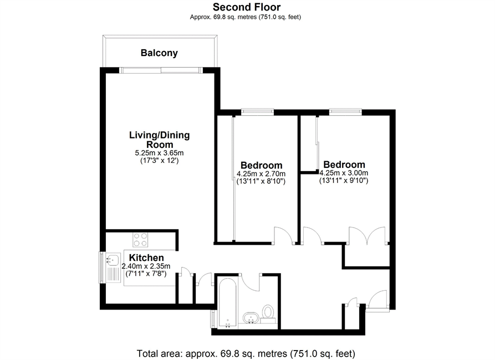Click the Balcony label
coord(159,53)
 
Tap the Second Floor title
coord(247,7)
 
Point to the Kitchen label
coord(146,258)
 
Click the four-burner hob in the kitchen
coord(140,239)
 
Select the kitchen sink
coord(113,268)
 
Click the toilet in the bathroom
coord(268,313)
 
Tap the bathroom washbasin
coord(251,317)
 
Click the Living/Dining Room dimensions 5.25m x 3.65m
coord(160,153)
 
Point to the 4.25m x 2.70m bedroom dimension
coord(261,173)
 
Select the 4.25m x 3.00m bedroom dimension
coord(344,173)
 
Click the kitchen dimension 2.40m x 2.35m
coord(146,266)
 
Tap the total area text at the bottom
coord(246,353)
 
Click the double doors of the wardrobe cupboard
coord(367,235)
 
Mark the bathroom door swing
coord(251,282)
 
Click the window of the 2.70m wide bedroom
coord(257,111)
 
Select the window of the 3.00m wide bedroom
coord(346,111)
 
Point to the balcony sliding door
coord(161,70)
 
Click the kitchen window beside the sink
coord(101,268)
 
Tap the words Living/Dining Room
coord(160,140)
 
